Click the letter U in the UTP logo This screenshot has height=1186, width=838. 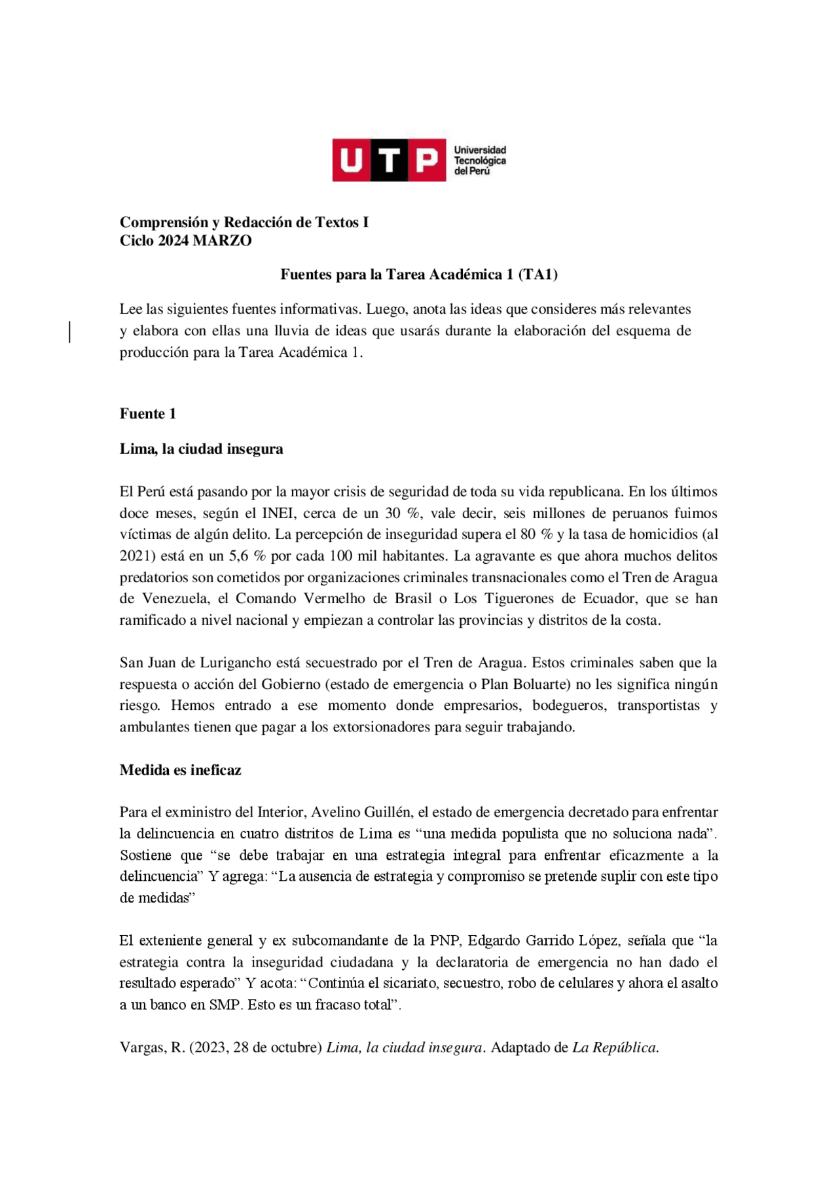[351, 160]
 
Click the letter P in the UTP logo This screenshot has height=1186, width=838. [427, 160]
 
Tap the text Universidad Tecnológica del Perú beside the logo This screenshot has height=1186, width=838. [480, 160]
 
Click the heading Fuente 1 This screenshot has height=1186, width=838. [147, 414]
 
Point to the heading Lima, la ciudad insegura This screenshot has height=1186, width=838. [201, 449]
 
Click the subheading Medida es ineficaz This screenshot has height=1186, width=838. [180, 770]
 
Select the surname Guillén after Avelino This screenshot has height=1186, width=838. [388, 812]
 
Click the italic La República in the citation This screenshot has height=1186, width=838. [615, 1047]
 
